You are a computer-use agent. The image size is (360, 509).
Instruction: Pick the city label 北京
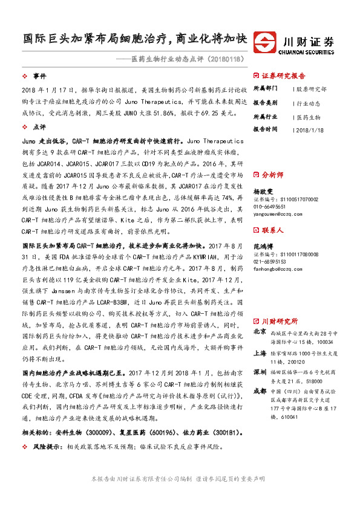260,331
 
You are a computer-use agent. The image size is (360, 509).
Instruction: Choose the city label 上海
260,354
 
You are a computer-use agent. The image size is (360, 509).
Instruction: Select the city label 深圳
260,371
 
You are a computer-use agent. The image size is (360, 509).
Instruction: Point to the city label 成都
260,391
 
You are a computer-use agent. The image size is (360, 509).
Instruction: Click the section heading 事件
39,77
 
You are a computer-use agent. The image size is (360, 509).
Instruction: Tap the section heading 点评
39,128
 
